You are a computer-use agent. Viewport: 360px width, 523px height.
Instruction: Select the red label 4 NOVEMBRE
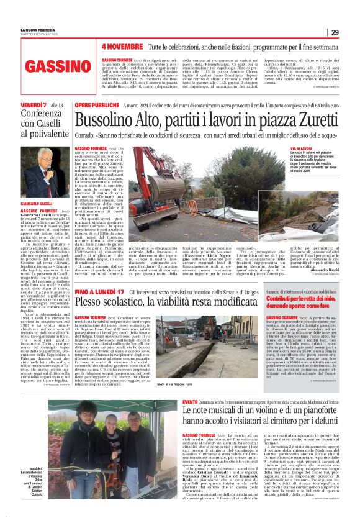[x=122, y=47]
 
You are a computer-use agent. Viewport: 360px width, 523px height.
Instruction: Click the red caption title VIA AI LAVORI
[x=300, y=149]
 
